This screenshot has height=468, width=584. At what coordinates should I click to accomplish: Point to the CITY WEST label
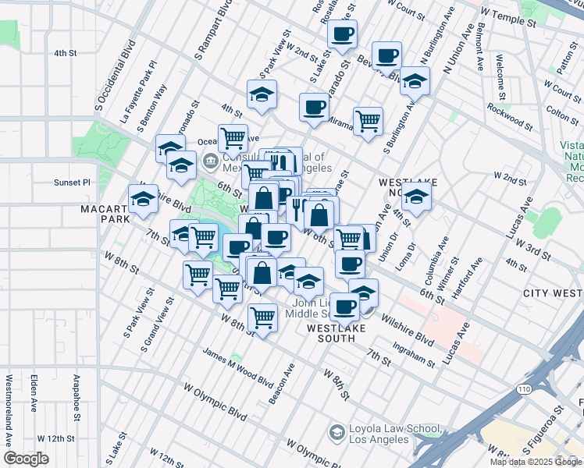(553, 292)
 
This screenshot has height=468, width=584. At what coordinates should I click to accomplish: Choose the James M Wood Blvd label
(238, 366)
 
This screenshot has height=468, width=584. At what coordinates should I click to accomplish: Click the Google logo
(27, 459)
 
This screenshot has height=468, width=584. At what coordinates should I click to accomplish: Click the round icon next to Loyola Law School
(337, 432)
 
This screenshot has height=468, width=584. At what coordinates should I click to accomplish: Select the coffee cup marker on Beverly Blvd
(387, 56)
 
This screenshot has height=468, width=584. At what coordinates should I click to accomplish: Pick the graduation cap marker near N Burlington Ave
(415, 81)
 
